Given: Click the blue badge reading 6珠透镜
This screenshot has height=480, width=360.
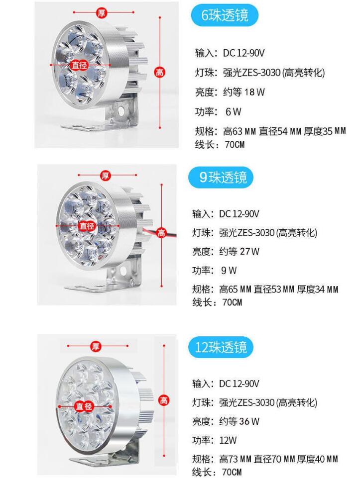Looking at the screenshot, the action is [225, 15].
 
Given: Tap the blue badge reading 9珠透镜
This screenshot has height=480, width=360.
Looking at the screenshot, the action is [221, 177].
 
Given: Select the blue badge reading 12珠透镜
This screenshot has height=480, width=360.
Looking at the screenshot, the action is [221, 347].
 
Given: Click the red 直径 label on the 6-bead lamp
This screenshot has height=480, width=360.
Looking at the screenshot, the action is [79, 65].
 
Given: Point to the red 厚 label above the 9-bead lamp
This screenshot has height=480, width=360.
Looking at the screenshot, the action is [105, 176].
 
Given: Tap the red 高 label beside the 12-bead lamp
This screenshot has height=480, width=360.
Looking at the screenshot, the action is [164, 400].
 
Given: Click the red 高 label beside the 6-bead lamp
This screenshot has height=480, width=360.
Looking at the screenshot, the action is [160, 72].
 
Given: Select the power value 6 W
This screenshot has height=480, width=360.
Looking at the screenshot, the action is [234, 112].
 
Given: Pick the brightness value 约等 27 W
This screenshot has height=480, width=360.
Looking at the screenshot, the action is [240, 252].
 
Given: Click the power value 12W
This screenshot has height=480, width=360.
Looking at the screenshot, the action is [228, 441].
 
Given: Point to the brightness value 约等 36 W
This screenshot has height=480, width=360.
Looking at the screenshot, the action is [240, 421].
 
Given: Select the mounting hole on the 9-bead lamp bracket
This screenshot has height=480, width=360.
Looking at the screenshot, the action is [123, 271].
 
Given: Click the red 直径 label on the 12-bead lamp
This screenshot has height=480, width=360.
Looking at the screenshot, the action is [84, 406].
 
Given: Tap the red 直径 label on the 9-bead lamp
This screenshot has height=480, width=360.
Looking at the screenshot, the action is [87, 226].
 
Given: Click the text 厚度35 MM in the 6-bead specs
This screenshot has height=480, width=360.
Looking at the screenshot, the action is [325, 131].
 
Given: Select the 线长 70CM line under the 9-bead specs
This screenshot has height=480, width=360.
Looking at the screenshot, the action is [217, 302].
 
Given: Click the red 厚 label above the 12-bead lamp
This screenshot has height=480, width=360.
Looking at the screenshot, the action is [96, 346].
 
